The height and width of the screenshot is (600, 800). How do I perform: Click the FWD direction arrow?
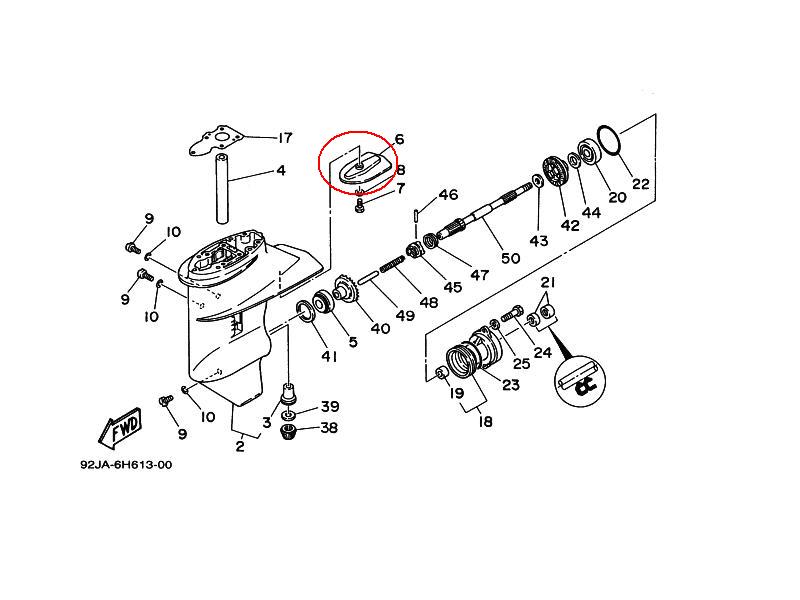click(120, 425)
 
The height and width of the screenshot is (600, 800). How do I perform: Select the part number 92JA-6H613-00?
click(126, 465)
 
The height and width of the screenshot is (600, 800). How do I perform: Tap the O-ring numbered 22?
click(607, 139)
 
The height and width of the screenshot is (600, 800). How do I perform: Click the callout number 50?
click(510, 258)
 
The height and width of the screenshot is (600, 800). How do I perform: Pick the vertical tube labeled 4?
click(222, 188)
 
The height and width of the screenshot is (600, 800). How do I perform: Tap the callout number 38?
click(329, 428)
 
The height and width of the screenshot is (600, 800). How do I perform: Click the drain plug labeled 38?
click(289, 432)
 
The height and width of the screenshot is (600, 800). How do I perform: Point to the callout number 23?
click(510, 384)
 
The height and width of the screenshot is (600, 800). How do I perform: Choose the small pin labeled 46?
click(417, 215)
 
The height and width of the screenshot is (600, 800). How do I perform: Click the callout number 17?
click(284, 138)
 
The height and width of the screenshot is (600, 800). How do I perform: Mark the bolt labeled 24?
click(512, 313)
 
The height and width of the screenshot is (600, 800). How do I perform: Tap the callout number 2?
click(239, 446)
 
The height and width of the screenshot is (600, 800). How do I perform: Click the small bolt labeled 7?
click(359, 206)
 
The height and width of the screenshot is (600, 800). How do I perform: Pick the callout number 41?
click(329, 356)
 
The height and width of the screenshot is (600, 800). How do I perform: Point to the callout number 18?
click(485, 421)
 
